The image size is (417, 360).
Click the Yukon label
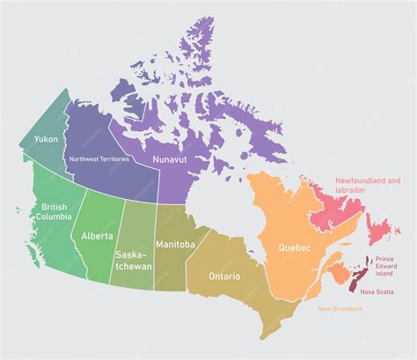(x=47, y=139)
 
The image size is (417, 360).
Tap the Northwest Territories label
(x=99, y=159)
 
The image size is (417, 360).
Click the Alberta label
(x=98, y=236)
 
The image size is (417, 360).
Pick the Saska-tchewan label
(x=132, y=260)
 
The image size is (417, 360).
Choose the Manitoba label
(x=175, y=243)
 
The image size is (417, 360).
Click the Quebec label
(x=295, y=248)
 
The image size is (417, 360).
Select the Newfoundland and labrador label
(x=367, y=186)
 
